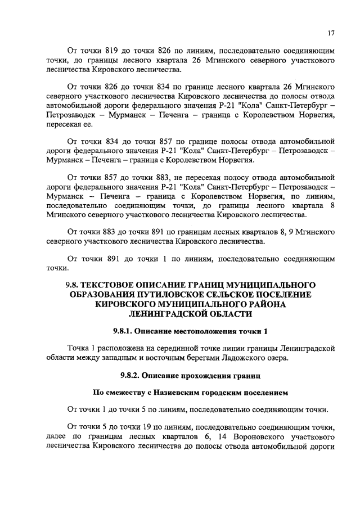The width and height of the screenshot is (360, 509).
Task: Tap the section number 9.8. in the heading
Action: pos(75,284)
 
